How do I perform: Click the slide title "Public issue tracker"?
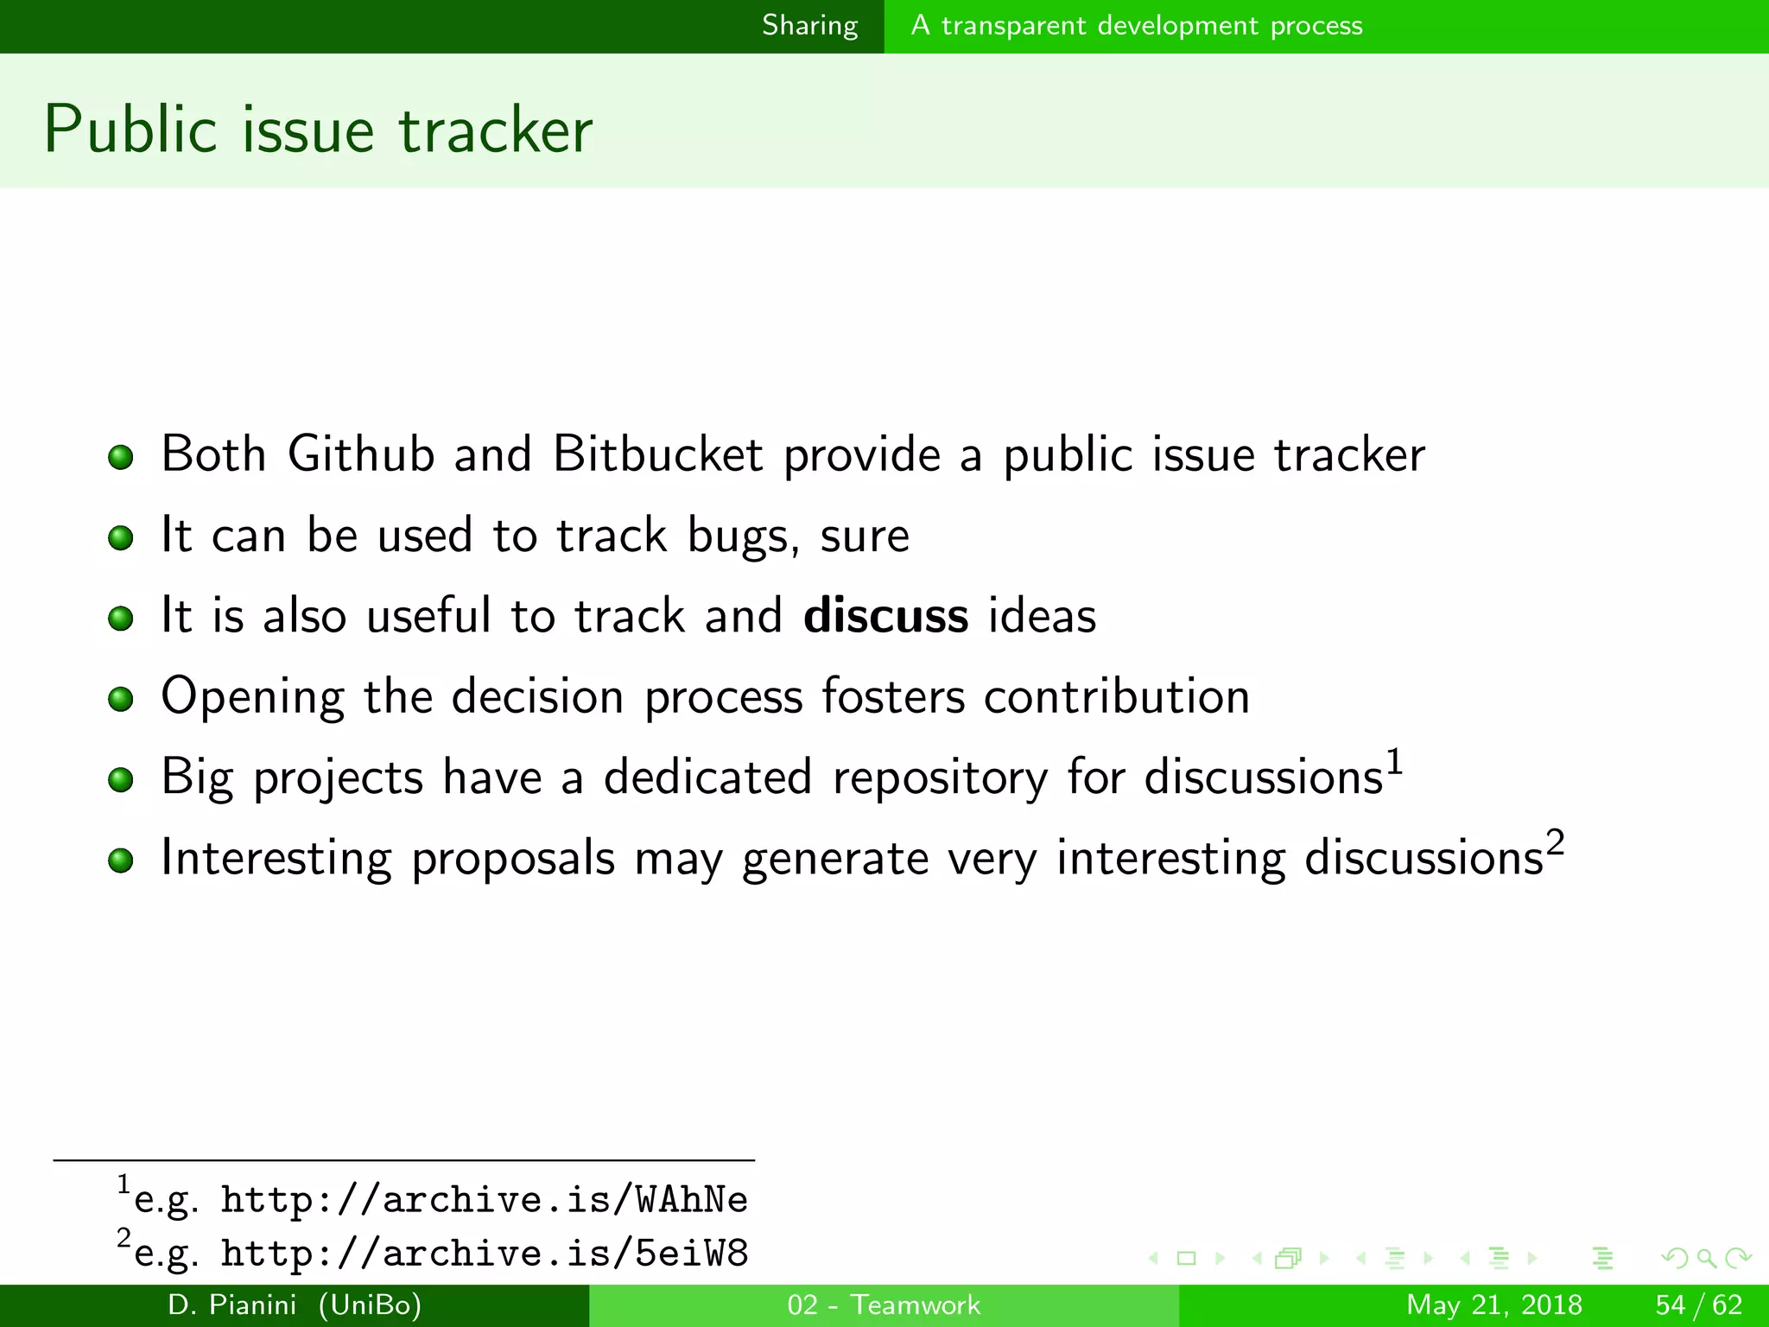pyautogui.click(x=318, y=130)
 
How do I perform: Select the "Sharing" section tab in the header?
pyautogui.click(x=809, y=26)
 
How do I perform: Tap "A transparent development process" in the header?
pyautogui.click(x=1136, y=26)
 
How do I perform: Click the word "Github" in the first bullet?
pyautogui.click(x=361, y=454)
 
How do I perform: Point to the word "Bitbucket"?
pyautogui.click(x=658, y=454)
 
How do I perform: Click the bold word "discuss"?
pyautogui.click(x=885, y=616)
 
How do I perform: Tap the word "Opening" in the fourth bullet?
pyautogui.click(x=252, y=697)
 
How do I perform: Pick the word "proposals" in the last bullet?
pyautogui.click(x=513, y=859)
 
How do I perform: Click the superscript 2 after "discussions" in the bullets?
pyautogui.click(x=1555, y=842)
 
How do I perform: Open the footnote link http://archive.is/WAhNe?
pyautogui.click(x=484, y=1200)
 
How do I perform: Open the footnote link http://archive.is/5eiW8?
pyautogui.click(x=484, y=1254)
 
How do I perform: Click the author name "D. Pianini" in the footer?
pyautogui.click(x=232, y=1305)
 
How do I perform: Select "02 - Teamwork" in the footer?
pyautogui.click(x=884, y=1305)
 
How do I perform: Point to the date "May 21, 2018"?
pyautogui.click(x=1494, y=1305)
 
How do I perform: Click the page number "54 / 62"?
pyautogui.click(x=1698, y=1305)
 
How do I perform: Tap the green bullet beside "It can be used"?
pyautogui.click(x=121, y=537)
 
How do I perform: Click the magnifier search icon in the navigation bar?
pyautogui.click(x=1706, y=1258)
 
